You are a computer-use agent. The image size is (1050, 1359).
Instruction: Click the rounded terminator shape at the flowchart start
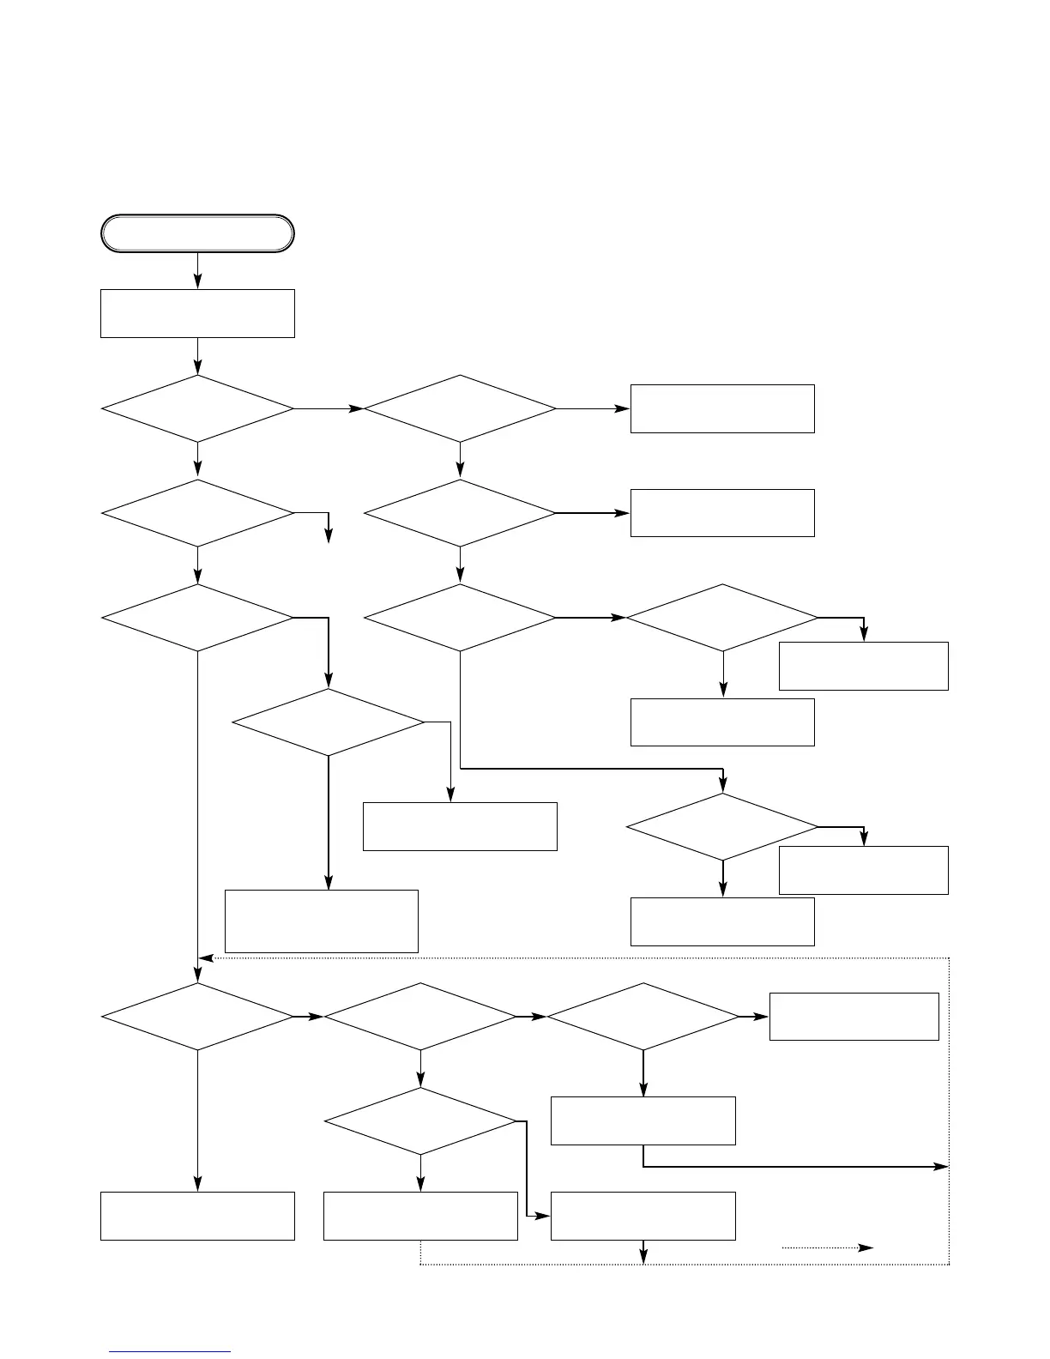[197, 233]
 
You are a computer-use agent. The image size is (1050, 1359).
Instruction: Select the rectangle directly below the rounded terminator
[197, 313]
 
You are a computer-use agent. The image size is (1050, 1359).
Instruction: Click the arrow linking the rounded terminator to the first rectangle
[197, 271]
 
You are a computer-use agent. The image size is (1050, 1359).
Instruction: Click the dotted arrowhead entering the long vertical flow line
[206, 957]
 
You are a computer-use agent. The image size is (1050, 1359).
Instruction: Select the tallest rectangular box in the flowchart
[321, 921]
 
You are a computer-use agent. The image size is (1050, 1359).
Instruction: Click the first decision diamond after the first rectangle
[197, 408]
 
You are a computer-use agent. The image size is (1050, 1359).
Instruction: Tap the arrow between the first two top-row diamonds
[329, 408]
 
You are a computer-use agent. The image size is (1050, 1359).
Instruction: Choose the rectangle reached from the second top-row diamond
[721, 408]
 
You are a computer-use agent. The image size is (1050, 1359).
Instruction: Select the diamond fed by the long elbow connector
[721, 826]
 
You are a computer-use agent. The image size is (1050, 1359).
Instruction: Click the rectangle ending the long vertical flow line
[197, 1215]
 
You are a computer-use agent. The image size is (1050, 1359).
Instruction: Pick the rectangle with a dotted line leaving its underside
[420, 1215]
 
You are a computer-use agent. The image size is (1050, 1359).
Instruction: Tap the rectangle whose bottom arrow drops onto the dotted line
[643, 1215]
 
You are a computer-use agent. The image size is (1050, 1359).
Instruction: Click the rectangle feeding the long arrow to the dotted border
[643, 1120]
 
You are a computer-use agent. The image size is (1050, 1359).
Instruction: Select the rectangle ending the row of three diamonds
[854, 1016]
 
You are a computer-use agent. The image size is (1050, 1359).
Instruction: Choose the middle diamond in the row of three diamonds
[420, 1016]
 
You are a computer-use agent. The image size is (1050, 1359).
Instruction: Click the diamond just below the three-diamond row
[420, 1121]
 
